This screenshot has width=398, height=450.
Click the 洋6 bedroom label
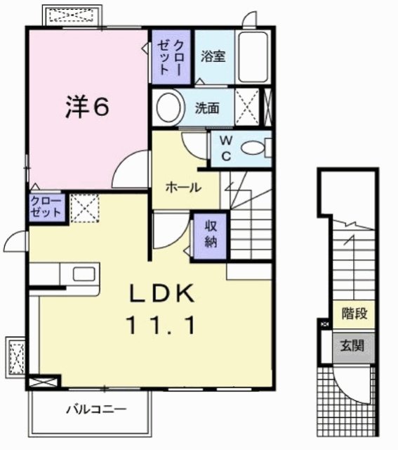(x=87, y=107)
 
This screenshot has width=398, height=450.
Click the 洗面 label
(x=208, y=108)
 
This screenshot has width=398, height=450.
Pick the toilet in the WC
(x=253, y=148)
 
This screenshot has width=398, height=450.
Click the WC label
(x=225, y=148)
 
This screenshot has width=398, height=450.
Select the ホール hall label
(x=184, y=188)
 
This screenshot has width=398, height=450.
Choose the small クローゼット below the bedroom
(x=47, y=208)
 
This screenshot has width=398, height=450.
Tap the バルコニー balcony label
(x=96, y=409)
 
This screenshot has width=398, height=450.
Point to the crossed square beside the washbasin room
(x=247, y=108)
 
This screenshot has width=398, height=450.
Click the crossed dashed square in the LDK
(x=83, y=208)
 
